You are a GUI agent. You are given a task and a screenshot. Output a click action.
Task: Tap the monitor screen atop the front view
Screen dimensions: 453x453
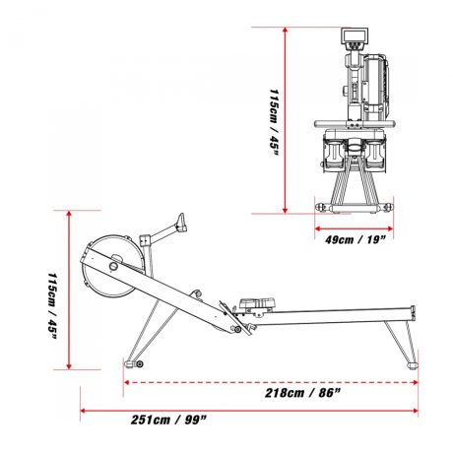[353, 40]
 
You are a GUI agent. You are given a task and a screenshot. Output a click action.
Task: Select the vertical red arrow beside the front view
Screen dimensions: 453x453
[285, 118]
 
